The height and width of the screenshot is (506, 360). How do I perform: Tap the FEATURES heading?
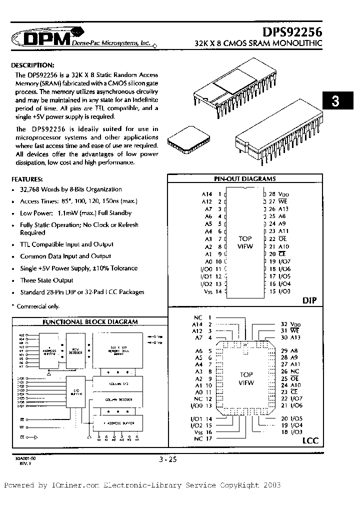pos(27,178)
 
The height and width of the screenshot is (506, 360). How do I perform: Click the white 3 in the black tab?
pos(335,102)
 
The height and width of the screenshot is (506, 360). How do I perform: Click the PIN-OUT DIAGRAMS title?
pos(245,178)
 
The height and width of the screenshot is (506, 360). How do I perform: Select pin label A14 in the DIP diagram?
pos(207,193)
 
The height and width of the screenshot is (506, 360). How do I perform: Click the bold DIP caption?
pos(310,300)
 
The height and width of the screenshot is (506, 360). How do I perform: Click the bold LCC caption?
pos(310,440)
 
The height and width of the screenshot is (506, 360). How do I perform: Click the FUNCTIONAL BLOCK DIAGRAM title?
pos(90,322)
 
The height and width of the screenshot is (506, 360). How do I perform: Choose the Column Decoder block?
pos(118,398)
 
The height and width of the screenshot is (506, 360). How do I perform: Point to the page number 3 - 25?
pos(166,459)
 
